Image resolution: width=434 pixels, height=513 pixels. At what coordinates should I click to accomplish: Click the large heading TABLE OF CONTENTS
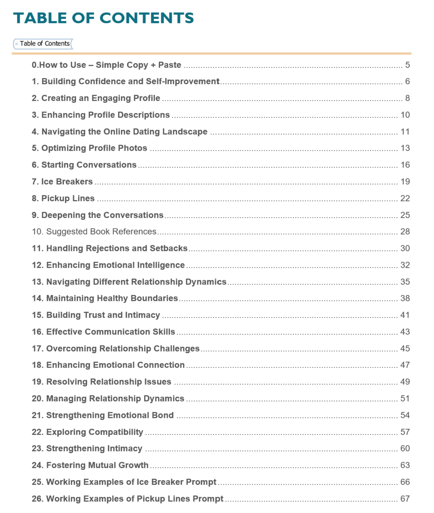pyautogui.click(x=104, y=18)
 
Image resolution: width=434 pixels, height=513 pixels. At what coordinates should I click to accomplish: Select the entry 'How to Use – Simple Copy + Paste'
pyautogui.click(x=107, y=65)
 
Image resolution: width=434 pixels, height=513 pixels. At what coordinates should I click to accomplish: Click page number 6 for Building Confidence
pyautogui.click(x=407, y=82)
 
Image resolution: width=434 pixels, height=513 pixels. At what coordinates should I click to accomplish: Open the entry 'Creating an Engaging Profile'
pyautogui.click(x=96, y=98)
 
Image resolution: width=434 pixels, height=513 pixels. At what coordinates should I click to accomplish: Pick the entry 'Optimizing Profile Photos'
pyautogui.click(x=89, y=149)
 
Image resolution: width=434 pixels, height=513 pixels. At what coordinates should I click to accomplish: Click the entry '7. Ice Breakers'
pyautogui.click(x=62, y=182)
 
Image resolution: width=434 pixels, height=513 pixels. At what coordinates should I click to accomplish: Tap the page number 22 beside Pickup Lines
pyautogui.click(x=405, y=199)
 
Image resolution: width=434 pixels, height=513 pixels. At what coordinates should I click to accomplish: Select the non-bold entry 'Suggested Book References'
pyautogui.click(x=94, y=232)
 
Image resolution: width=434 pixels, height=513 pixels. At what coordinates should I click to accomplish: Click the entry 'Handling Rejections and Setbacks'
pyautogui.click(x=110, y=248)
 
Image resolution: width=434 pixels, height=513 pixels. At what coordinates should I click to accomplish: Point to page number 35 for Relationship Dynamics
pyautogui.click(x=405, y=282)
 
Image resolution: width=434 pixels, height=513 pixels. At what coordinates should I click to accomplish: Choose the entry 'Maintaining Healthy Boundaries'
pyautogui.click(x=105, y=298)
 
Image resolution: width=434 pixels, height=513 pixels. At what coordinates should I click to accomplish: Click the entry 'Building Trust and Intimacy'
pyautogui.click(x=96, y=315)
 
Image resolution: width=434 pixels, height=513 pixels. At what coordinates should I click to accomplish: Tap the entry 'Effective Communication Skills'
pyautogui.click(x=104, y=332)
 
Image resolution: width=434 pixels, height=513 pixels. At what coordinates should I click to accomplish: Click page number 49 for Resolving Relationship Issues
pyautogui.click(x=405, y=382)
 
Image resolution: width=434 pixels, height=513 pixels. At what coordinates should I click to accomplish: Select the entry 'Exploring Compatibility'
pyautogui.click(x=87, y=432)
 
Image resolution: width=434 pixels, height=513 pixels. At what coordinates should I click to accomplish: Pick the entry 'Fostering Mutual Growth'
pyautogui.click(x=90, y=465)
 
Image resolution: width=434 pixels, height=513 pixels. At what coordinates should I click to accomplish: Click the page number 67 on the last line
pyautogui.click(x=405, y=499)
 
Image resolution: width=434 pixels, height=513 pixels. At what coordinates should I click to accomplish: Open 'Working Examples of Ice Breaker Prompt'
pyautogui.click(x=124, y=482)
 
